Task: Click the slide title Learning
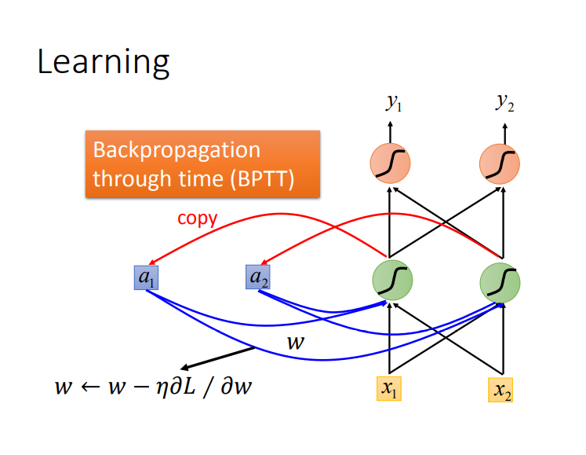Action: click(x=103, y=62)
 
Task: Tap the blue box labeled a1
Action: click(x=146, y=277)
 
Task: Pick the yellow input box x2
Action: click(x=502, y=389)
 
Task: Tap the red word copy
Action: click(x=197, y=218)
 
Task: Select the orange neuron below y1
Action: click(x=391, y=163)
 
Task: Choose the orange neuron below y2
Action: click(x=500, y=163)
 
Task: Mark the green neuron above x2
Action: click(x=501, y=281)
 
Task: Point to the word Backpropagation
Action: click(x=176, y=149)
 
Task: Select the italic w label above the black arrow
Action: click(x=295, y=342)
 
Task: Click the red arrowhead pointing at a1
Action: click(x=151, y=266)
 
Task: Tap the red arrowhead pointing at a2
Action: click(x=264, y=266)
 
